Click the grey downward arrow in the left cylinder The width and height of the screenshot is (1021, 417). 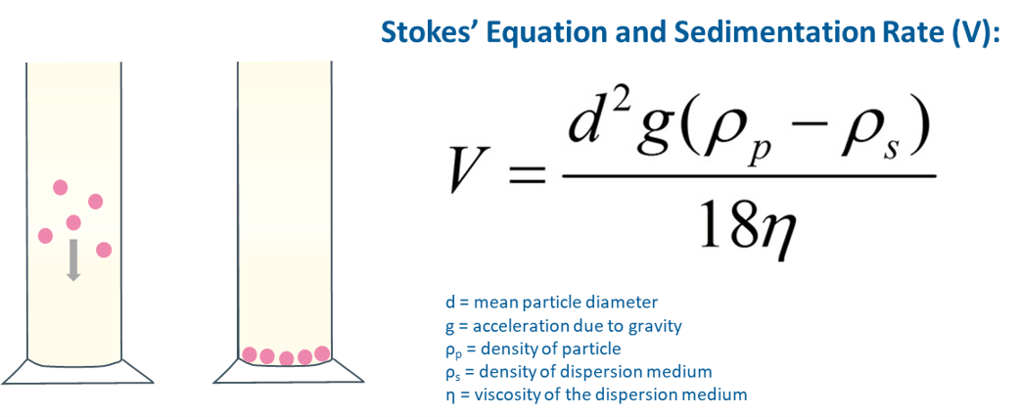73,260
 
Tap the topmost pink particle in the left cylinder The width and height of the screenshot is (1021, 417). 61,188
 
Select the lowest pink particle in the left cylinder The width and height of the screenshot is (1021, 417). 104,250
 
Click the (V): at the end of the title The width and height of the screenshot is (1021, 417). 976,31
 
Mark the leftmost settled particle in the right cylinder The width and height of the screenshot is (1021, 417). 250,354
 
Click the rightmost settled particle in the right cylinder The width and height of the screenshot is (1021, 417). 322,353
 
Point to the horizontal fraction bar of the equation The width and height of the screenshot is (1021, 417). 749,176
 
